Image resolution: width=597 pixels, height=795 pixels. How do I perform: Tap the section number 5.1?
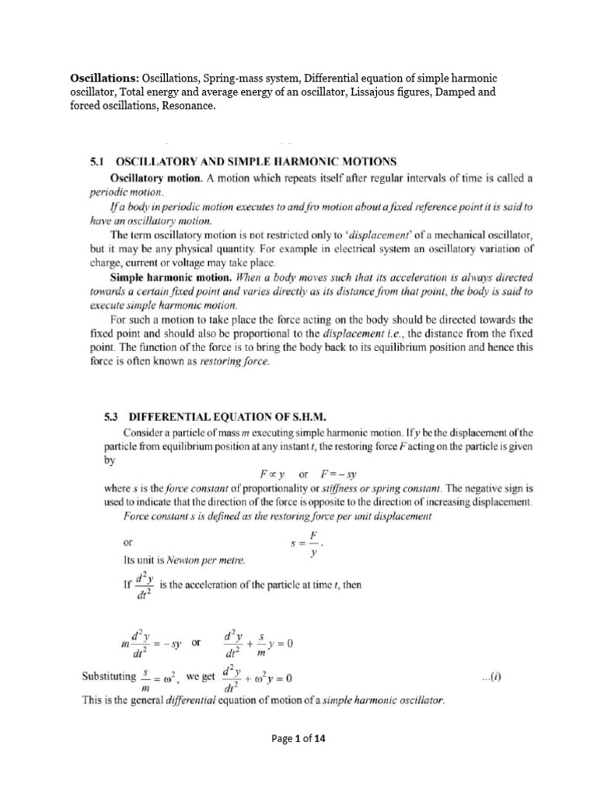point(98,161)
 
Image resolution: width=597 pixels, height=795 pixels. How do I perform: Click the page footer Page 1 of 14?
point(298,739)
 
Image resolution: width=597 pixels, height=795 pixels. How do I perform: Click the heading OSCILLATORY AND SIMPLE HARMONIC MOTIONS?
point(256,161)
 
